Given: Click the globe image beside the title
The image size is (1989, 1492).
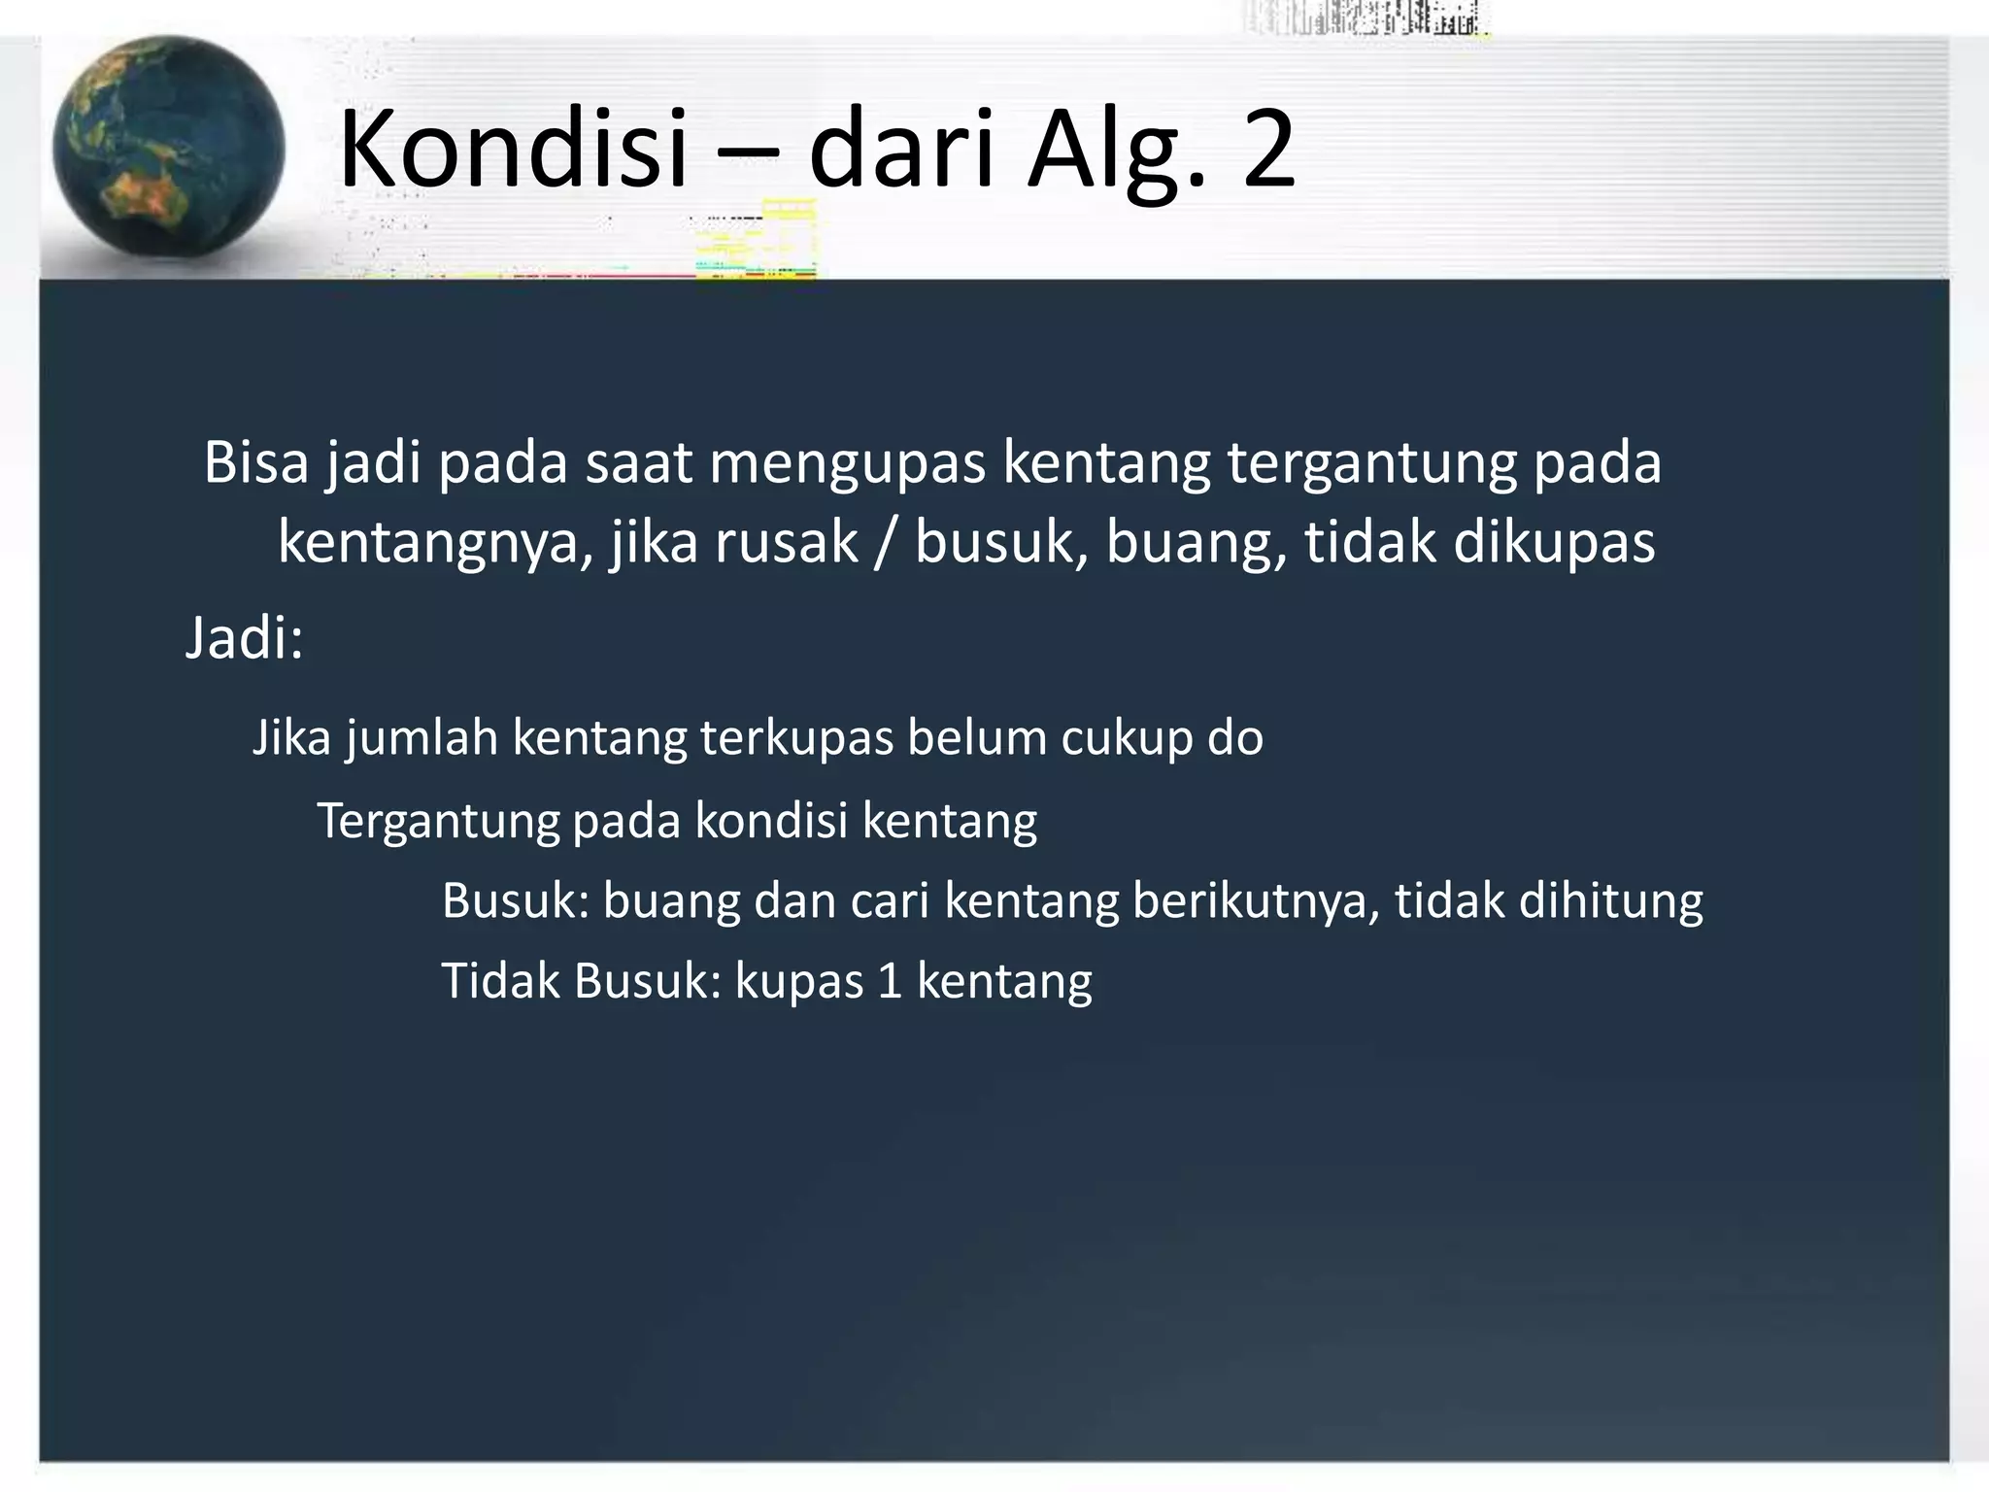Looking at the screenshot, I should pyautogui.click(x=167, y=148).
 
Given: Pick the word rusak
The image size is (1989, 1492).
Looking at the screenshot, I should pyautogui.click(x=787, y=542).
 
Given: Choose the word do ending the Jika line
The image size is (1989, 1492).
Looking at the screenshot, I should pyautogui.click(x=1235, y=737).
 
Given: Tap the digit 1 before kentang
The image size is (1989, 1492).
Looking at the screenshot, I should pyautogui.click(x=890, y=981).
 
